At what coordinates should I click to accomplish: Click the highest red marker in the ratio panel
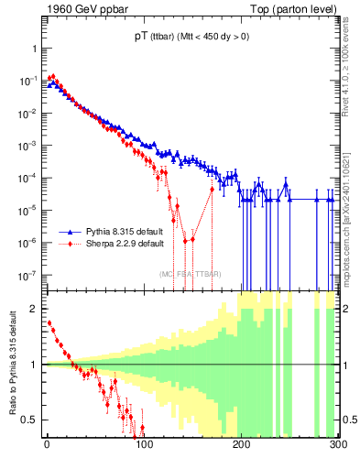tap(49, 322)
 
